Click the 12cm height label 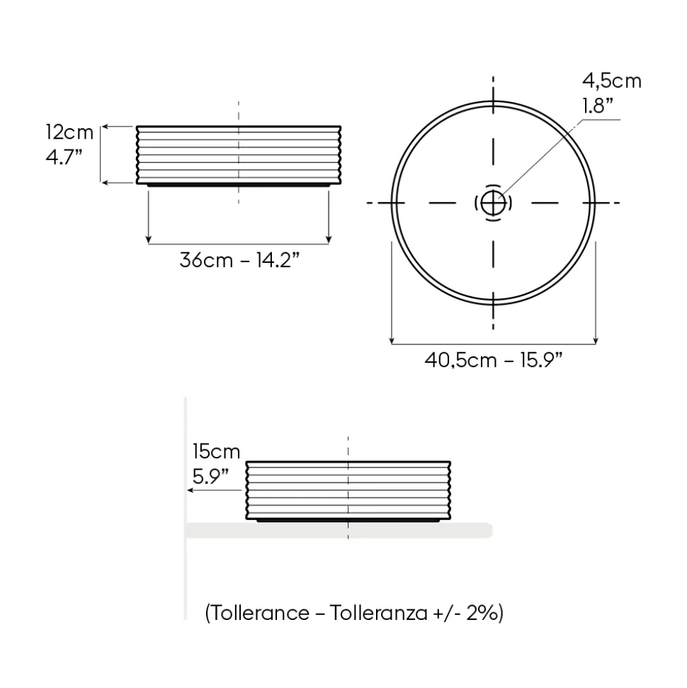click(x=69, y=132)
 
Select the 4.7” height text click(x=64, y=157)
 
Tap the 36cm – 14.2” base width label click(x=239, y=260)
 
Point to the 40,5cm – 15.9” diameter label click(x=494, y=360)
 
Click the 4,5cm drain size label click(x=612, y=81)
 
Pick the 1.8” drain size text click(x=598, y=106)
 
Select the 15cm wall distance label click(x=216, y=451)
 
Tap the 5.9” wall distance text click(x=210, y=477)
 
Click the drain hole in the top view click(x=493, y=203)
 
